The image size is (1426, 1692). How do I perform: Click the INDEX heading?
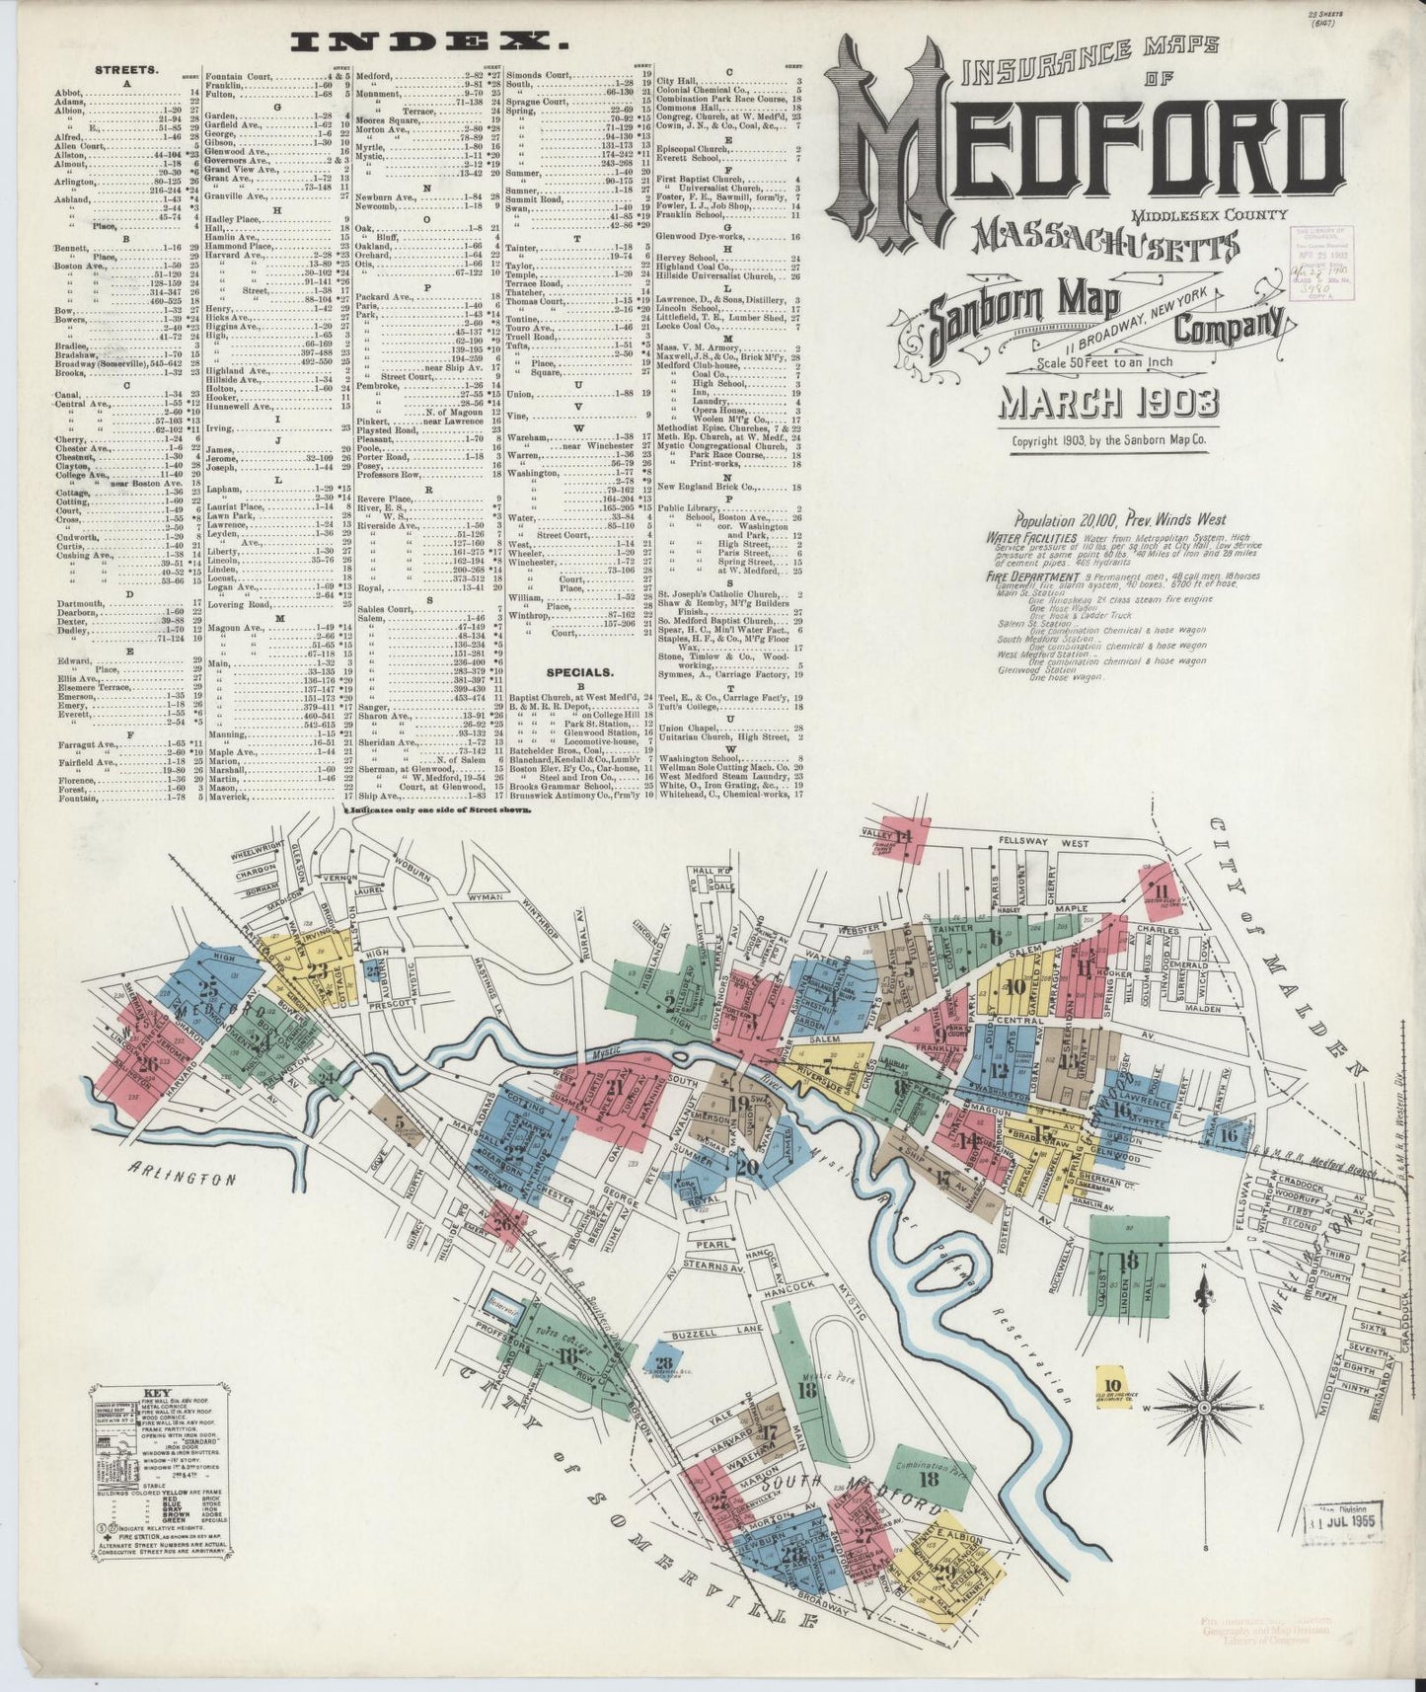[x=431, y=42]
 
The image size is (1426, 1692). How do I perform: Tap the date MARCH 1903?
[x=1109, y=403]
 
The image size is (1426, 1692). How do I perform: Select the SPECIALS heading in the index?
[x=591, y=671]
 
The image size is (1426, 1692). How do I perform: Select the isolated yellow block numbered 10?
[x=1113, y=1384]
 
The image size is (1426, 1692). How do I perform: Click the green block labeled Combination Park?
[x=929, y=1478]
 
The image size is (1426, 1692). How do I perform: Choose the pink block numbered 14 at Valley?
[x=902, y=837]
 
